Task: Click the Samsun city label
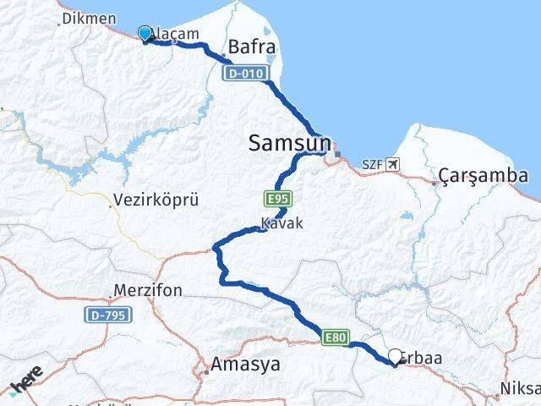[x=289, y=144]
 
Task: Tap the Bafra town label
[x=253, y=48]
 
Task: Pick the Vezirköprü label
[x=149, y=203]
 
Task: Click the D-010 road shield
[x=247, y=74]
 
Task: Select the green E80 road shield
[x=334, y=338]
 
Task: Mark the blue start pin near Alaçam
[x=145, y=34]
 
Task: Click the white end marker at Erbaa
[x=396, y=357]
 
